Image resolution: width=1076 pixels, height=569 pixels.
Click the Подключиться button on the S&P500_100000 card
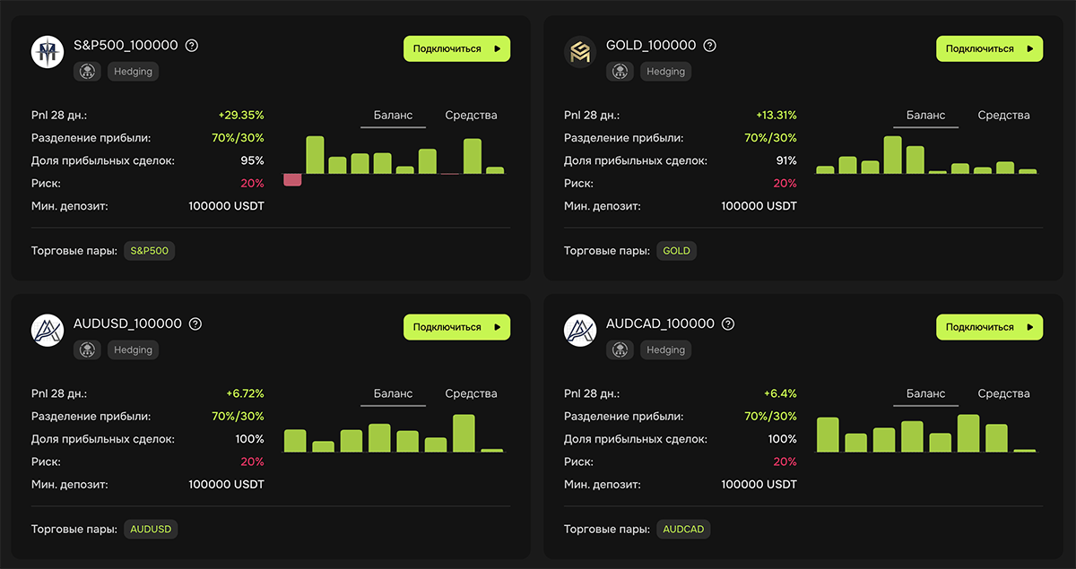[x=456, y=48]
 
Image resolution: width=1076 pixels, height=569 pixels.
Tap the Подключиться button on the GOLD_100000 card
[x=990, y=48]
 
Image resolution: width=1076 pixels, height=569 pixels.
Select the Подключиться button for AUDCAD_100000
[x=990, y=327]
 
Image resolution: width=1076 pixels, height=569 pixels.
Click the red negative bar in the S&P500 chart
[x=292, y=179]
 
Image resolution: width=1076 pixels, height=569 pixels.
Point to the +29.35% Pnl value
[x=241, y=116]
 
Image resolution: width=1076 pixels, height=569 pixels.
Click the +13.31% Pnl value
[x=777, y=116]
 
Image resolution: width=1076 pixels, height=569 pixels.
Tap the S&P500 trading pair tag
[x=150, y=251]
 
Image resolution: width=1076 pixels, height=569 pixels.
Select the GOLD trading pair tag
[x=676, y=251]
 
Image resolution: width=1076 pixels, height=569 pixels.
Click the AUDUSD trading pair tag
[x=151, y=530]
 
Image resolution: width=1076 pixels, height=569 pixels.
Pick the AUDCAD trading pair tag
[x=683, y=530]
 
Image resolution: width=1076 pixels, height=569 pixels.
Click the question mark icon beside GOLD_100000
[x=709, y=46]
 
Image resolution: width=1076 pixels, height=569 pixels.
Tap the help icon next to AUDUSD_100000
[x=195, y=324]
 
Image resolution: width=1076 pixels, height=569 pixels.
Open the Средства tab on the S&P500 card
[x=471, y=116]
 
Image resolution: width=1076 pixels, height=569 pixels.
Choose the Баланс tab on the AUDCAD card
[x=925, y=393]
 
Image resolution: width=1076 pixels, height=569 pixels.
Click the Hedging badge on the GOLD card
[x=665, y=72]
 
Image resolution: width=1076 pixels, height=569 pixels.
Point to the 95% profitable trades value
[x=252, y=160]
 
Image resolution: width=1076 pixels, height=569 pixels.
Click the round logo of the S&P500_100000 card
[x=48, y=52]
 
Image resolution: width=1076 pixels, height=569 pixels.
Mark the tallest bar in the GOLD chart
[x=892, y=155]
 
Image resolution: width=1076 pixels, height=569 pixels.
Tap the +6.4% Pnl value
[x=780, y=393]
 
